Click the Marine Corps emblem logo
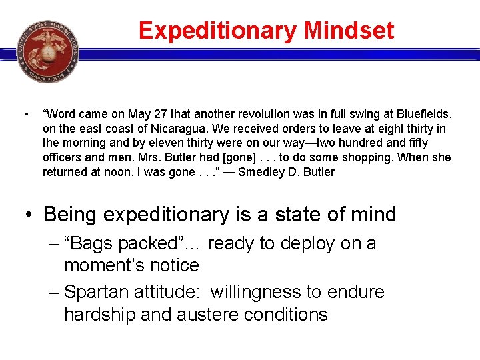[47, 51]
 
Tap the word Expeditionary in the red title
[218, 31]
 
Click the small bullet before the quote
[24, 114]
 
